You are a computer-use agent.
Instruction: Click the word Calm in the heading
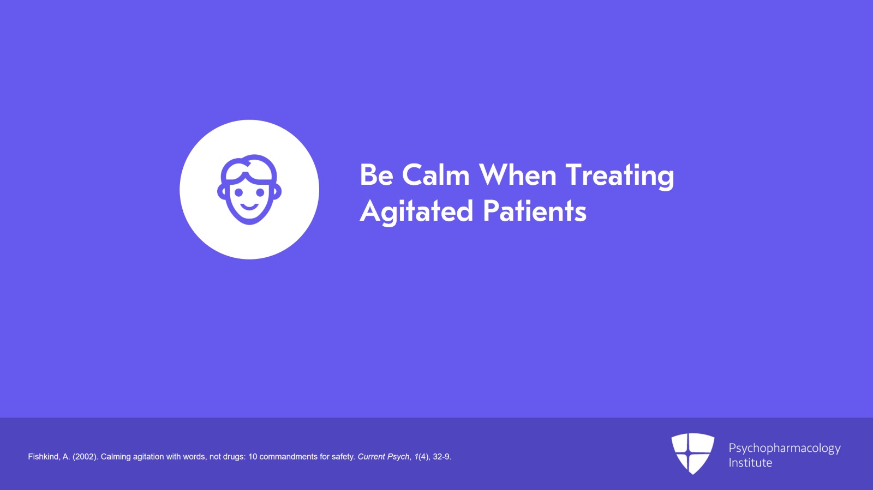[x=436, y=175]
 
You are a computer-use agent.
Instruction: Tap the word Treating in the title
[x=620, y=176]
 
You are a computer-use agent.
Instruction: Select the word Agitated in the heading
[x=416, y=211]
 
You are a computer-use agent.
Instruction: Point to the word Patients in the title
[x=535, y=211]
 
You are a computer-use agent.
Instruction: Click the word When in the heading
[x=518, y=175]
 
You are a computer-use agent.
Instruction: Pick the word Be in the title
[x=376, y=175]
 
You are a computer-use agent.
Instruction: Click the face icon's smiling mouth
[x=249, y=206]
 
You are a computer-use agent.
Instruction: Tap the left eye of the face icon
[x=239, y=192]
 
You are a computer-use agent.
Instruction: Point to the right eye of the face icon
[x=260, y=192]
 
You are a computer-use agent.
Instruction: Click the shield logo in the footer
[x=692, y=453]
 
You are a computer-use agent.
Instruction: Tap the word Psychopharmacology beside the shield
[x=785, y=449]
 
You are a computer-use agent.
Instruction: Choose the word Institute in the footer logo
[x=750, y=463]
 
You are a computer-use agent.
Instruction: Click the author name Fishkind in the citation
[x=43, y=457]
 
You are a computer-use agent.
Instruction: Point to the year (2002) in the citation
[x=85, y=457]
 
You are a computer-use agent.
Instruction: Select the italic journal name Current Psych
[x=384, y=457]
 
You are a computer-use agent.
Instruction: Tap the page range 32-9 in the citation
[x=442, y=457]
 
